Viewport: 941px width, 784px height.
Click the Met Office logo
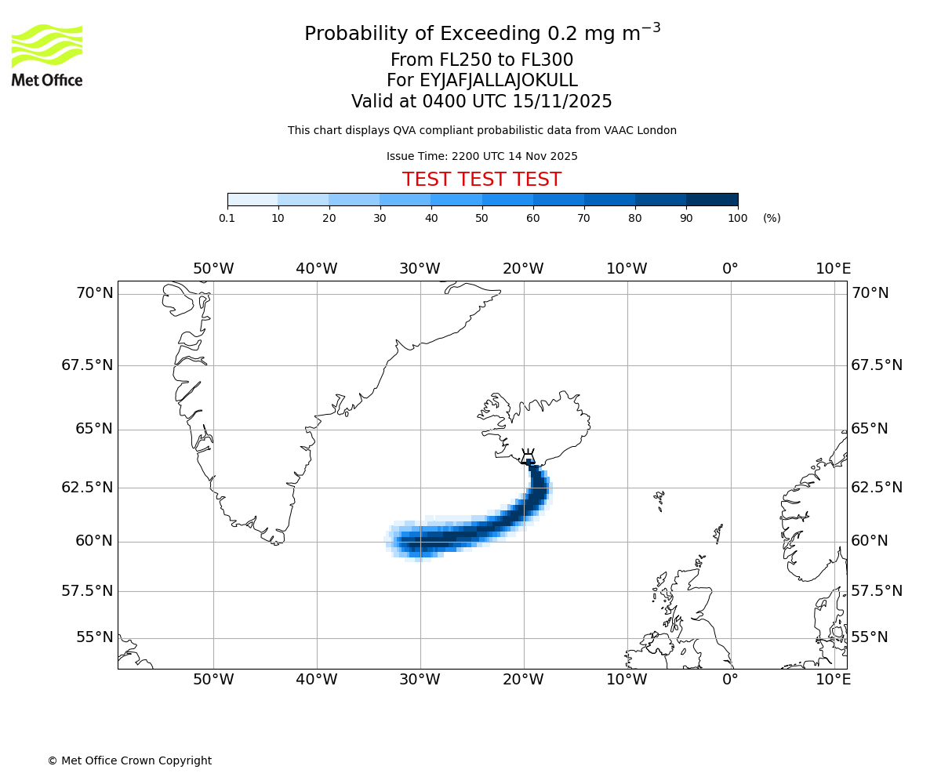tap(47, 55)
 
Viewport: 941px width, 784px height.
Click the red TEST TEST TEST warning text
tap(481, 180)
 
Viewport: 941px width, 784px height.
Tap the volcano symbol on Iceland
tap(528, 456)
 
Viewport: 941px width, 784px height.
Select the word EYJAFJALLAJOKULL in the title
tap(498, 81)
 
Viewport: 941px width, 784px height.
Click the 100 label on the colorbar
tap(737, 218)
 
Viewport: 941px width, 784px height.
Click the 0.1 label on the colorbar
tap(227, 218)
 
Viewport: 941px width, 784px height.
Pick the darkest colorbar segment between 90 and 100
tap(712, 200)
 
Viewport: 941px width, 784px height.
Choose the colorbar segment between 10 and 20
tap(303, 200)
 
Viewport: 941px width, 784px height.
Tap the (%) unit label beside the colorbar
tap(772, 218)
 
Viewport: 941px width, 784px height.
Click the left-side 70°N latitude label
tap(95, 293)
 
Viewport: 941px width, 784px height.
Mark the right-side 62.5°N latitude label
tap(877, 488)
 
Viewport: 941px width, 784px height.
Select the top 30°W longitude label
tap(420, 269)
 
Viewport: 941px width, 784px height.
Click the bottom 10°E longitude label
tap(833, 679)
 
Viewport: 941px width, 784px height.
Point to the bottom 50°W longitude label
tap(213, 679)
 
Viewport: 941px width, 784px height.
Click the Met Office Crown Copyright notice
tap(129, 760)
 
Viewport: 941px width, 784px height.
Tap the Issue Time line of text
tap(481, 156)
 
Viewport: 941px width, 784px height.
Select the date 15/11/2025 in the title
tap(562, 102)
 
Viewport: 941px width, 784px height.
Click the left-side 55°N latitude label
tap(95, 637)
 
